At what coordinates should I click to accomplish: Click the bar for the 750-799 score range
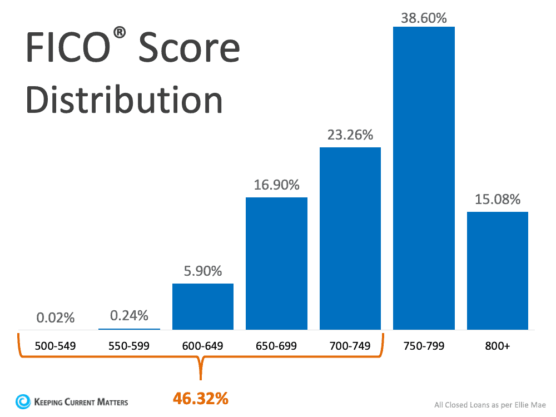[x=424, y=178]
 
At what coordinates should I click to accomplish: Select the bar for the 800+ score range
[x=497, y=270]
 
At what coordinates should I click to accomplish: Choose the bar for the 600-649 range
[x=203, y=306]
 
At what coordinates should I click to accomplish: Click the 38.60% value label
[x=424, y=18]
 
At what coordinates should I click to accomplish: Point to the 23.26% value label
[x=350, y=135]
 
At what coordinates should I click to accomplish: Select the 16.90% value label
[x=276, y=185]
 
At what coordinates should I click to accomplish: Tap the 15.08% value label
[x=497, y=199]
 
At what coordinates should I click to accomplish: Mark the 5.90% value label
[x=203, y=271]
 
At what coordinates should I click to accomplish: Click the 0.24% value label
[x=129, y=316]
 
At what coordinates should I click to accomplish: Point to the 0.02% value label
[x=56, y=318]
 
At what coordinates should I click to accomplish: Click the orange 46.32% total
[x=201, y=398]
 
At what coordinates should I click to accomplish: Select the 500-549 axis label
[x=56, y=346]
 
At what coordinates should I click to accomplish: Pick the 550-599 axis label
[x=129, y=346]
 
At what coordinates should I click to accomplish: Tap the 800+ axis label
[x=497, y=346]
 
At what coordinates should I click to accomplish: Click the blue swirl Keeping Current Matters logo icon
[x=23, y=401]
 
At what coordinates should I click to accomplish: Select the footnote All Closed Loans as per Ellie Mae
[x=490, y=405]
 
